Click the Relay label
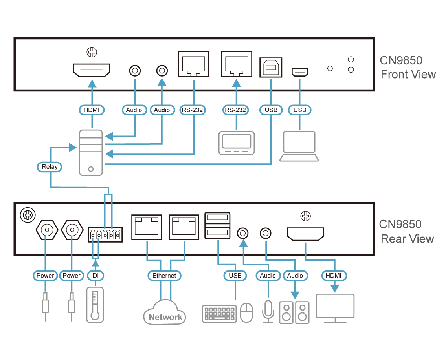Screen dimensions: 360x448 pos(50,167)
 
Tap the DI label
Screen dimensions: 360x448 pos(95,276)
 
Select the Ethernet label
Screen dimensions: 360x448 pos(164,276)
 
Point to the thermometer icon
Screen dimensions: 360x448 pos(95,305)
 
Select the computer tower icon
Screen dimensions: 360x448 pos(91,152)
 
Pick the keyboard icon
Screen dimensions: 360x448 pos(220,314)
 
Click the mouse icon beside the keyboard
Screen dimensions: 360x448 pos(246,313)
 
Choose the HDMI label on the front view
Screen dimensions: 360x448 pos(92,110)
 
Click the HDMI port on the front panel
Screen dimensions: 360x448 pos(92,70)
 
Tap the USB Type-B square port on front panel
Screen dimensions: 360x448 pos(271,67)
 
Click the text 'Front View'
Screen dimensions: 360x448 pos(408,75)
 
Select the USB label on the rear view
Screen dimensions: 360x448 pos(235,276)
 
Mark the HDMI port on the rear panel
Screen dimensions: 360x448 pos(305,234)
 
